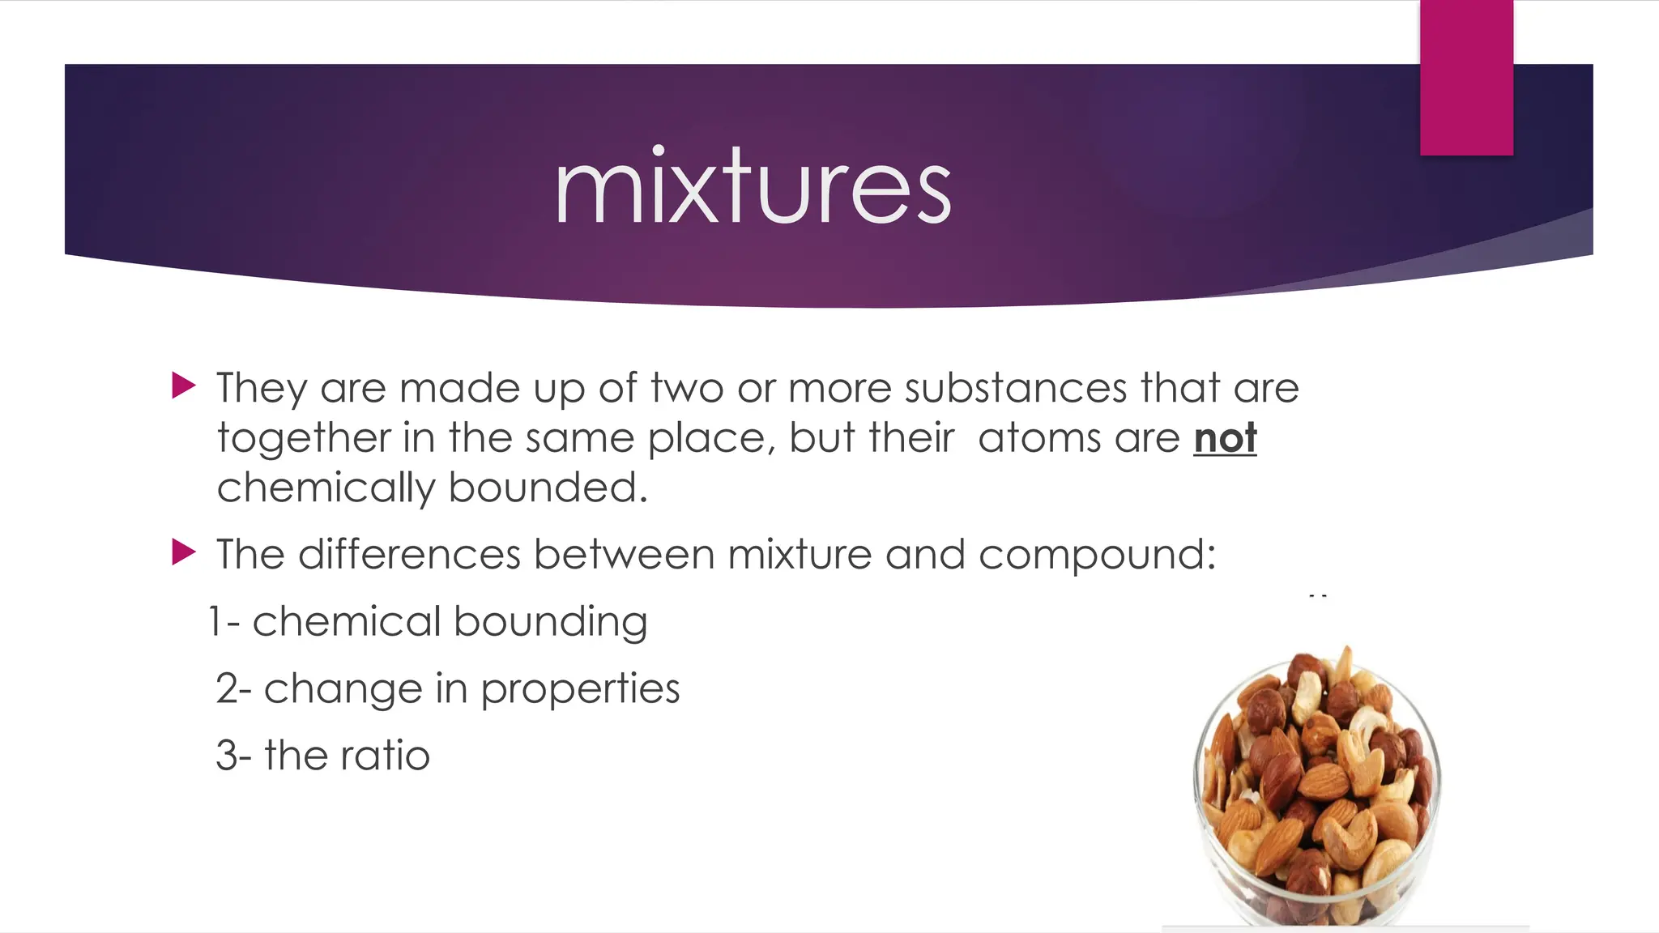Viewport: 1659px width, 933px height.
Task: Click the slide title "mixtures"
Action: (x=753, y=188)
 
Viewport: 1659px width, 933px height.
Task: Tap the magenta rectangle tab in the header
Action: (x=1466, y=78)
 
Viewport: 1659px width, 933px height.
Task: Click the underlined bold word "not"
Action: (x=1225, y=438)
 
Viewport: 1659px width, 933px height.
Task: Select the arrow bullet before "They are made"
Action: (x=184, y=386)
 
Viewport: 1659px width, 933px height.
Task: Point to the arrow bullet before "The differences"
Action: (x=184, y=553)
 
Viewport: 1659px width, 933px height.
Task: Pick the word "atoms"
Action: (x=1039, y=438)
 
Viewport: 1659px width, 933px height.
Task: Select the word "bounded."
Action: (x=548, y=488)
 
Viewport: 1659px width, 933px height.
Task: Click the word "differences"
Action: (x=409, y=555)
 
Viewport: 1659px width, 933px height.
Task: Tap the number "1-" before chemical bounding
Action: (x=224, y=622)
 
